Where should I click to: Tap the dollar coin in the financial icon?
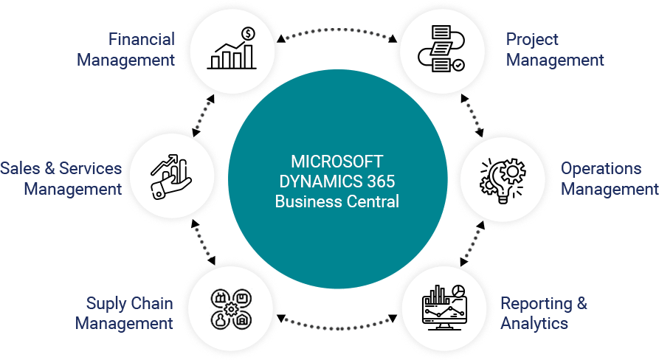tap(248, 33)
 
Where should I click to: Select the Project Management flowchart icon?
tap(441, 49)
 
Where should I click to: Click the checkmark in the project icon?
tap(458, 65)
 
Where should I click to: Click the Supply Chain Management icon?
tap(231, 308)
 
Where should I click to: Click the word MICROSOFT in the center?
tap(337, 162)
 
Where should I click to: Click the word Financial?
tap(141, 39)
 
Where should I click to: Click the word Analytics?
tap(534, 323)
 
